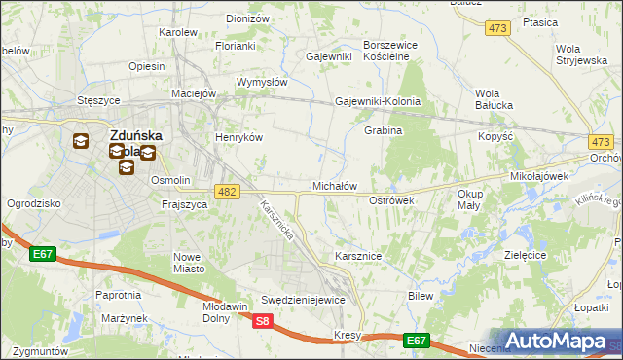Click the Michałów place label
pyautogui.click(x=335, y=185)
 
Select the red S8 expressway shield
pyautogui.click(x=261, y=321)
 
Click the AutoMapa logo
pyautogui.click(x=557, y=342)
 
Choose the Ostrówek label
pyautogui.click(x=392, y=199)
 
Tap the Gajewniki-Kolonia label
pyautogui.click(x=378, y=101)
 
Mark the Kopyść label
pyautogui.click(x=496, y=137)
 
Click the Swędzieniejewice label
pyautogui.click(x=304, y=300)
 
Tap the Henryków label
pyautogui.click(x=239, y=138)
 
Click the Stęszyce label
pyautogui.click(x=98, y=100)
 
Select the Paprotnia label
pyautogui.click(x=119, y=294)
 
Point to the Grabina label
pyautogui.click(x=384, y=130)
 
